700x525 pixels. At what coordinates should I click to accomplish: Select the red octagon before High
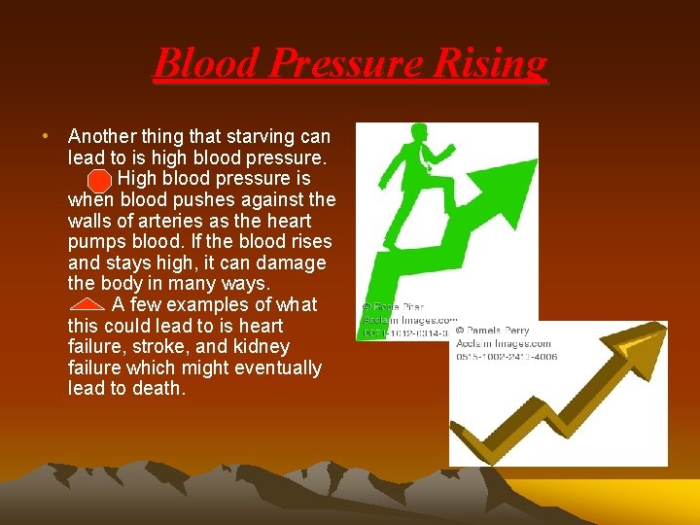[98, 181]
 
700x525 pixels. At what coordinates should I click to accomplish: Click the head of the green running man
[420, 134]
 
